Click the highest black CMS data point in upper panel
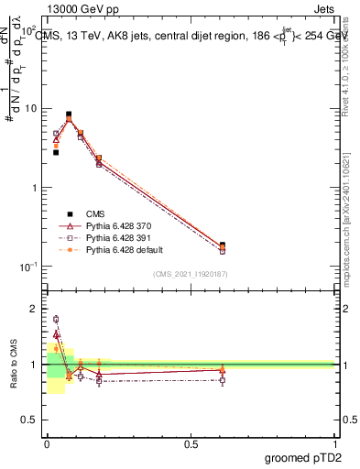(69, 115)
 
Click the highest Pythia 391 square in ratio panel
(56, 320)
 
